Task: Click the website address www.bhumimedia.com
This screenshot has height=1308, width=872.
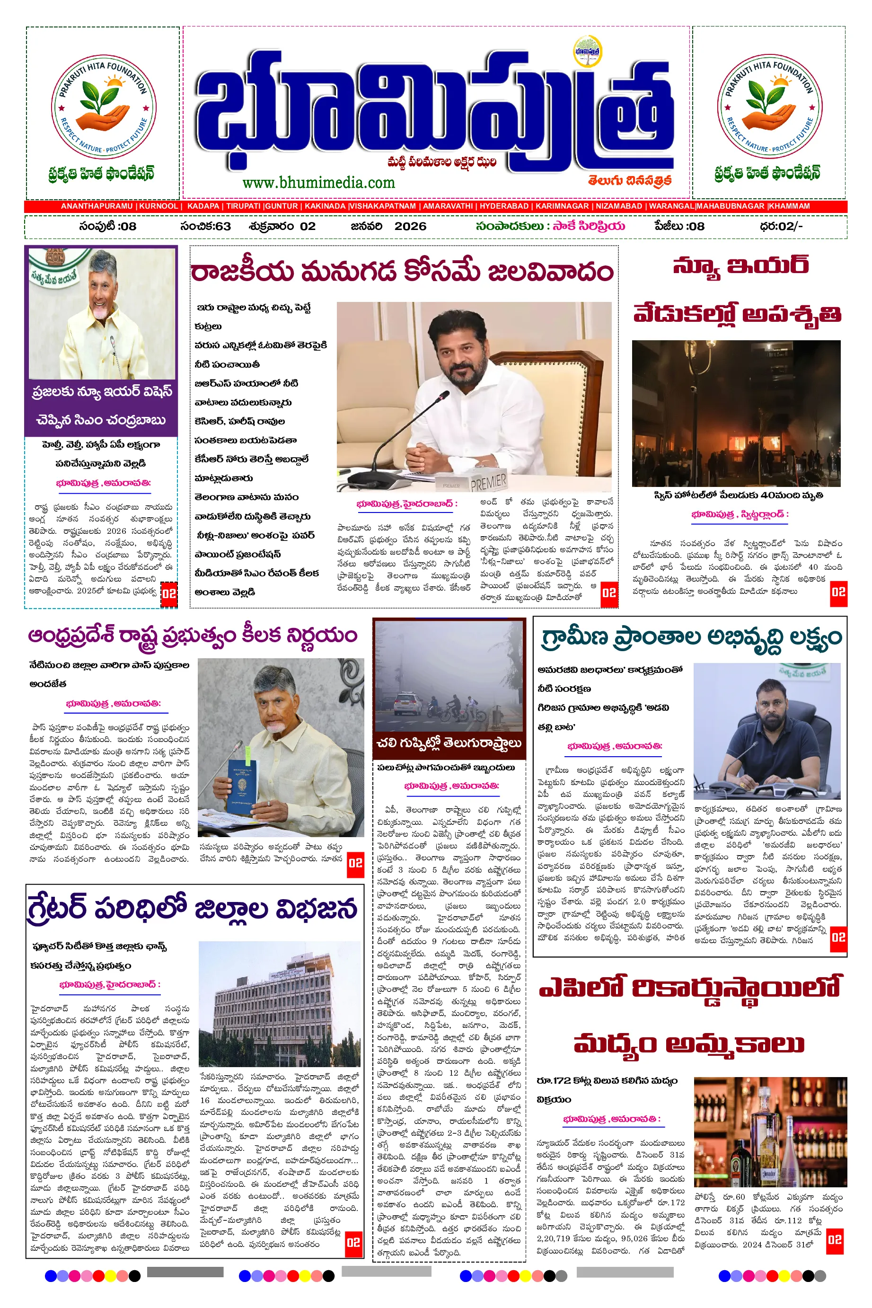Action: [x=318, y=182]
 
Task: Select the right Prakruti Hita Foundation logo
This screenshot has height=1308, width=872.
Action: [x=769, y=106]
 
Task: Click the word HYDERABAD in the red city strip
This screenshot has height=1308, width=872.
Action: [x=504, y=206]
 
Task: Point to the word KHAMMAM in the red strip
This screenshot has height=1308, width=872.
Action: [x=789, y=206]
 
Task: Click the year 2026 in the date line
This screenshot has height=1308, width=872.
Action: [x=410, y=226]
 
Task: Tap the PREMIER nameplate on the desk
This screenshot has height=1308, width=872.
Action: [x=488, y=482]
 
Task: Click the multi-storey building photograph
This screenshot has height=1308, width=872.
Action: [x=280, y=1002]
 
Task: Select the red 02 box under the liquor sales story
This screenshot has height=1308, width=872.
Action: [x=834, y=1239]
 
